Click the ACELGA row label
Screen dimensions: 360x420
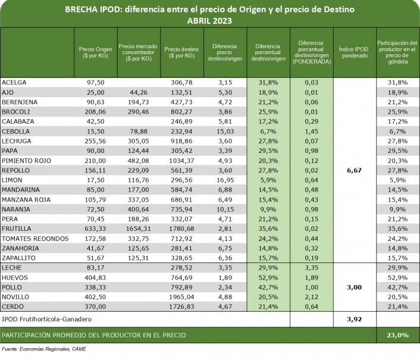click(14, 82)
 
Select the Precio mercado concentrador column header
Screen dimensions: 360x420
click(137, 52)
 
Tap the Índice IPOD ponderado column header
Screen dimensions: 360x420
click(355, 52)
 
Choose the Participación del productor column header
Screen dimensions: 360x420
click(397, 52)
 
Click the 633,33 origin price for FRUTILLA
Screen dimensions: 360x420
click(96, 228)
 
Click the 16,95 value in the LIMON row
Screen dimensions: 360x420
click(224, 180)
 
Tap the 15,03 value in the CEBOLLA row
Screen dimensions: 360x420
click(224, 131)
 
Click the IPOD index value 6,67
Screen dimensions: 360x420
click(355, 170)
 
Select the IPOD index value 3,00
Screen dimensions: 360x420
click(355, 287)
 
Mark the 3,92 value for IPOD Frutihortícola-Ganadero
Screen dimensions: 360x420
click(355, 320)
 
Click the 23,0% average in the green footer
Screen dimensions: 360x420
click(397, 336)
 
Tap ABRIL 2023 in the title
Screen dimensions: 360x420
click(209, 20)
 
